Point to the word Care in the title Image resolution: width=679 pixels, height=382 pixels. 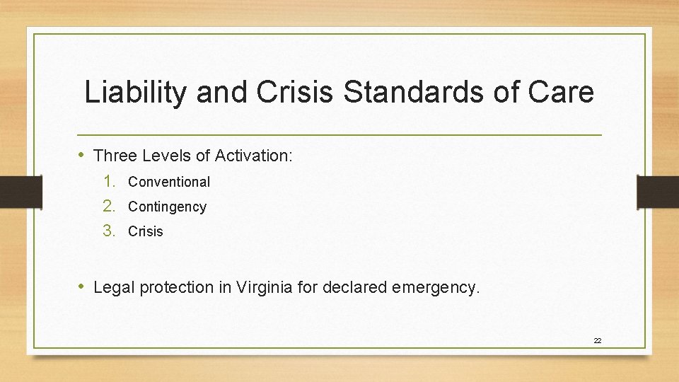pos(560,93)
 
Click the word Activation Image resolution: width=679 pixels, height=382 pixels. pos(253,156)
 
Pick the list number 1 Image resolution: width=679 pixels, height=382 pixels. pos(108,181)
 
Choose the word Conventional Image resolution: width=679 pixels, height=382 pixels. pos(169,182)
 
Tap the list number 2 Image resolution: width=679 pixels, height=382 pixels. pos(108,206)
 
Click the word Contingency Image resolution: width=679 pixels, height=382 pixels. pos(167,207)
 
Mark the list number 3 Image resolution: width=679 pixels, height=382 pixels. pos(108,231)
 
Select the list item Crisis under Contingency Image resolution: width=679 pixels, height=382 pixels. pos(146,231)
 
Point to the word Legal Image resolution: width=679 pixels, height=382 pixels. pos(114,287)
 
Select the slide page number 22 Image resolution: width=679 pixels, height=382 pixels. pos(597,341)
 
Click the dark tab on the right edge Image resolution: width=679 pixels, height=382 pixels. pos(658,192)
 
